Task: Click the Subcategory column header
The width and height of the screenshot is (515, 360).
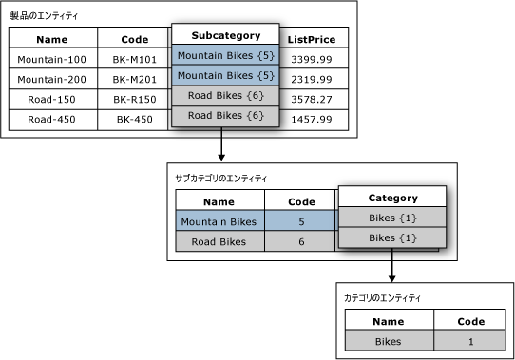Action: [225, 35]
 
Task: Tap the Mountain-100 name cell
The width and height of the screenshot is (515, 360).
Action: [51, 59]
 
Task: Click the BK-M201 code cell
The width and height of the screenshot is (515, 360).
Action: [133, 79]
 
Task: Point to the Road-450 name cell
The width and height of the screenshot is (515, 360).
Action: [51, 120]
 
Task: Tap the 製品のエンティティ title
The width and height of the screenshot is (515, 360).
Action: [45, 17]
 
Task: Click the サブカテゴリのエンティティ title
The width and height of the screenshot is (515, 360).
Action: [221, 179]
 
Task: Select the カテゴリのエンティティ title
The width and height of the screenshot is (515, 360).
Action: [382, 298]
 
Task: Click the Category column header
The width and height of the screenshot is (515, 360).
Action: [392, 198]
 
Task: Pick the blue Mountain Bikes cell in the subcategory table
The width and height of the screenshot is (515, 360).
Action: [219, 222]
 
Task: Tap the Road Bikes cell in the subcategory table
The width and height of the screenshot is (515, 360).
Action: [219, 242]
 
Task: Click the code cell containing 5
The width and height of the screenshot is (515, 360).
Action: [300, 222]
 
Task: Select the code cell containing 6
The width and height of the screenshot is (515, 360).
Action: [300, 242]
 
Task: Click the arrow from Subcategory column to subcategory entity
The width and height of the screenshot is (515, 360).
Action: [221, 143]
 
